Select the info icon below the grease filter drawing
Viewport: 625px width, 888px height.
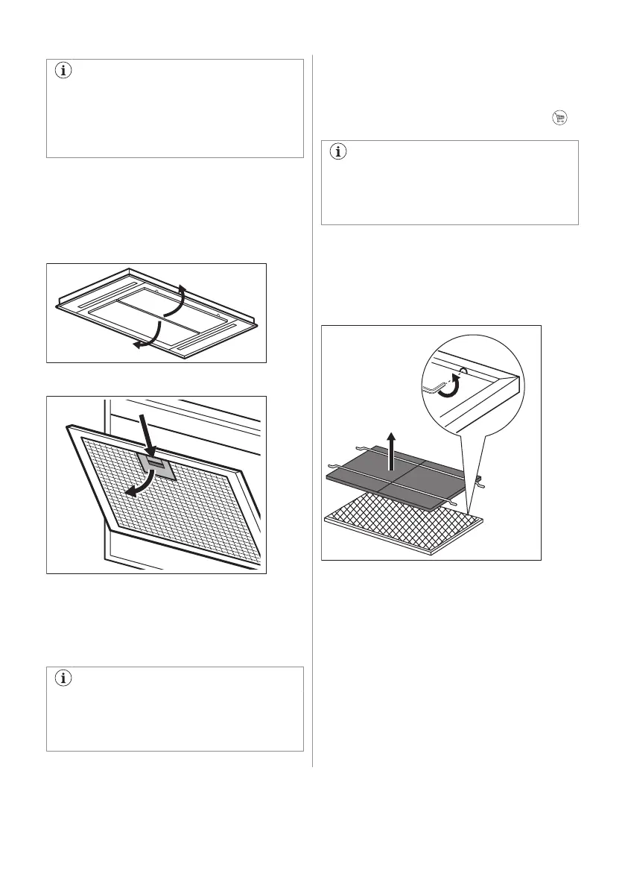(x=63, y=678)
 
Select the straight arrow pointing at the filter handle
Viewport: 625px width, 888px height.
(x=147, y=432)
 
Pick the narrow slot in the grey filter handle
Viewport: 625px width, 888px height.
(x=155, y=462)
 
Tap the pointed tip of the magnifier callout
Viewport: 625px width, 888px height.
(x=471, y=509)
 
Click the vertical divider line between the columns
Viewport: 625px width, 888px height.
(x=312, y=410)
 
